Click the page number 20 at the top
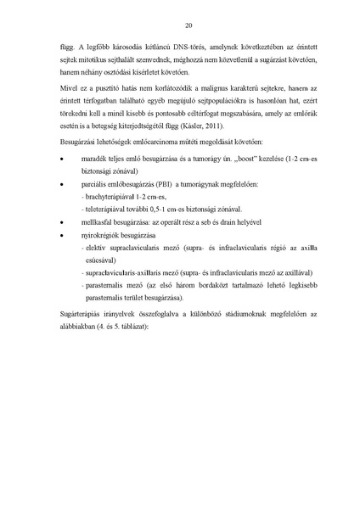click(x=179, y=25)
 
